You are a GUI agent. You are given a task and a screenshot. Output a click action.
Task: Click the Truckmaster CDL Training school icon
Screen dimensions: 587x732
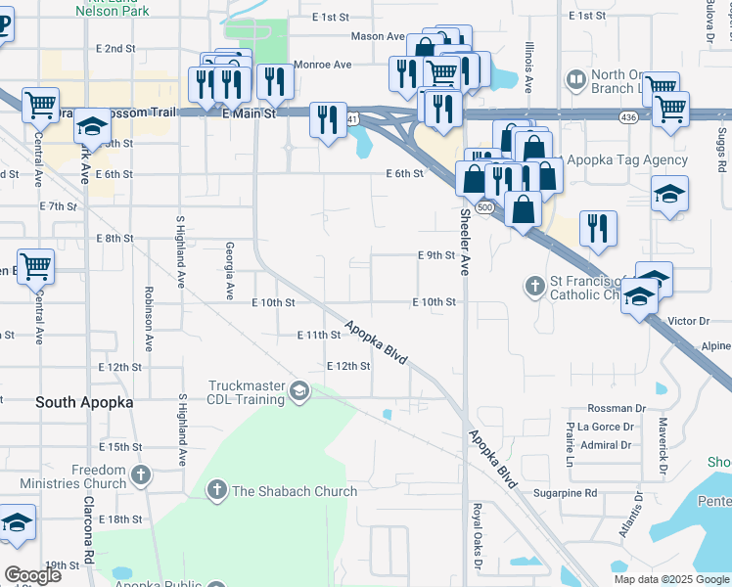[x=298, y=393]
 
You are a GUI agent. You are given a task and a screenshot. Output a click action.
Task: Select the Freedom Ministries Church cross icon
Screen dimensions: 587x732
[x=141, y=476]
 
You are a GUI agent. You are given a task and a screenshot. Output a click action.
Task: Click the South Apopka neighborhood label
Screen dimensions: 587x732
[x=84, y=402]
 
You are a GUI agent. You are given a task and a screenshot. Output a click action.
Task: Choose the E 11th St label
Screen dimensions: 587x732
[x=318, y=335]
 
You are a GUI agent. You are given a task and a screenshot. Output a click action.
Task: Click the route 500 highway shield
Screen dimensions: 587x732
[x=483, y=207]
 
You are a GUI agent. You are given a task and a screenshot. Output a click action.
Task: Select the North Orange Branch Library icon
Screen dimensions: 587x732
[x=575, y=78]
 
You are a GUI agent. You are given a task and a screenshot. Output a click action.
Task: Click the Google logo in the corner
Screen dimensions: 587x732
[x=32, y=575]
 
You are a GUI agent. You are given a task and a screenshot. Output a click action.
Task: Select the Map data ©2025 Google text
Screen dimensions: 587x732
[x=671, y=579]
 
